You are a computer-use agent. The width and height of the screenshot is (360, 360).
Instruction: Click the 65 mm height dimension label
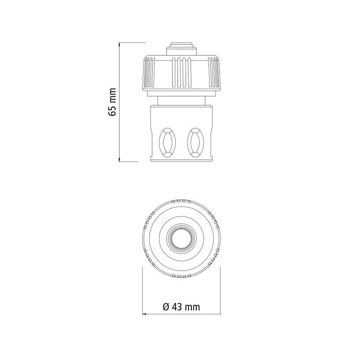click(112, 102)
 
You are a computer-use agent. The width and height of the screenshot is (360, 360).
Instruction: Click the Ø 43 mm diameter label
click(181, 307)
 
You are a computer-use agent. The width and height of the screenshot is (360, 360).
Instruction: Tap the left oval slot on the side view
click(167, 142)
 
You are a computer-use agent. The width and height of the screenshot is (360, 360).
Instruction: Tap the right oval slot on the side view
click(195, 142)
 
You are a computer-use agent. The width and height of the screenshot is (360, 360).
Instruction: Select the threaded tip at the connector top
click(181, 49)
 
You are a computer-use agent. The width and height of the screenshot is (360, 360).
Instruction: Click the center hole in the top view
click(181, 238)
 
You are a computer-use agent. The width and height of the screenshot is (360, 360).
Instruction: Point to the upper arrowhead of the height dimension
click(119, 45)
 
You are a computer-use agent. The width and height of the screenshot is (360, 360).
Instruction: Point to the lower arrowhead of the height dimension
click(119, 159)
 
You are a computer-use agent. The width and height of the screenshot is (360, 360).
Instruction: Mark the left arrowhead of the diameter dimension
click(144, 314)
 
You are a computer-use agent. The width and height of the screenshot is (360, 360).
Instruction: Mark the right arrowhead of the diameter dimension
click(218, 314)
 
